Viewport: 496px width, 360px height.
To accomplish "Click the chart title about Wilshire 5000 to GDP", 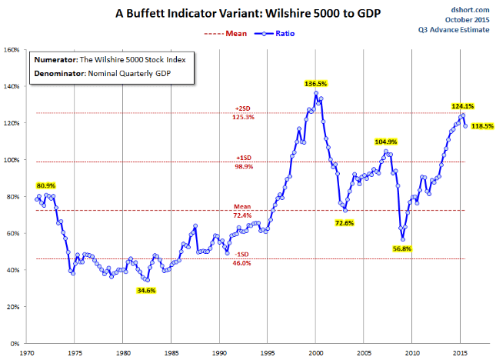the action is point(248,13).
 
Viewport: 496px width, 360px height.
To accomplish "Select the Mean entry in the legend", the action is point(225,34).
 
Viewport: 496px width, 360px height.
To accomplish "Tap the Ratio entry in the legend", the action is point(275,34).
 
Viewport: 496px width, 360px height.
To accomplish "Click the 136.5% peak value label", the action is point(316,84).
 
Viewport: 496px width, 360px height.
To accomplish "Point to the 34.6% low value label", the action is point(146,291).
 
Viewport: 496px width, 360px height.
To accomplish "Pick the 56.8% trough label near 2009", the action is point(402,248).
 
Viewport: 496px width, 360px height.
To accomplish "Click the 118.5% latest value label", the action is point(482,126).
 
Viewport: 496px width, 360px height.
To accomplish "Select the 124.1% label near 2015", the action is point(462,106).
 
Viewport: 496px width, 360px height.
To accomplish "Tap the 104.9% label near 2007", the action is point(385,142).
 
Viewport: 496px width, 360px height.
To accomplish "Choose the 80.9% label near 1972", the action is point(46,185).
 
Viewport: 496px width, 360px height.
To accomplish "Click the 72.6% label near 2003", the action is point(345,223).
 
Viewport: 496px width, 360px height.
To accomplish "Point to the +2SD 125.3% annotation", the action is point(243,113).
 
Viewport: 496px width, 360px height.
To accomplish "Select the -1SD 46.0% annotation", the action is point(242,258).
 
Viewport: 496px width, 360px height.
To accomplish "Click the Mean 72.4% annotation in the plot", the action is point(242,211).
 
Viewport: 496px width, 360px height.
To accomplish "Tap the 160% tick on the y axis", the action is point(12,50).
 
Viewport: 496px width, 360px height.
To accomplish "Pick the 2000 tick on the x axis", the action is point(316,353).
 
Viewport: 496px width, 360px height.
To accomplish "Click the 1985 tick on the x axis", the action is point(171,353).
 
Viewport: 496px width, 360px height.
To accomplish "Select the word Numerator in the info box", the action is point(56,60).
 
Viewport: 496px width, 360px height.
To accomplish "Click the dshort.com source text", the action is point(470,10).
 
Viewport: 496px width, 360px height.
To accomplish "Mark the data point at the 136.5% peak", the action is point(316,93).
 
